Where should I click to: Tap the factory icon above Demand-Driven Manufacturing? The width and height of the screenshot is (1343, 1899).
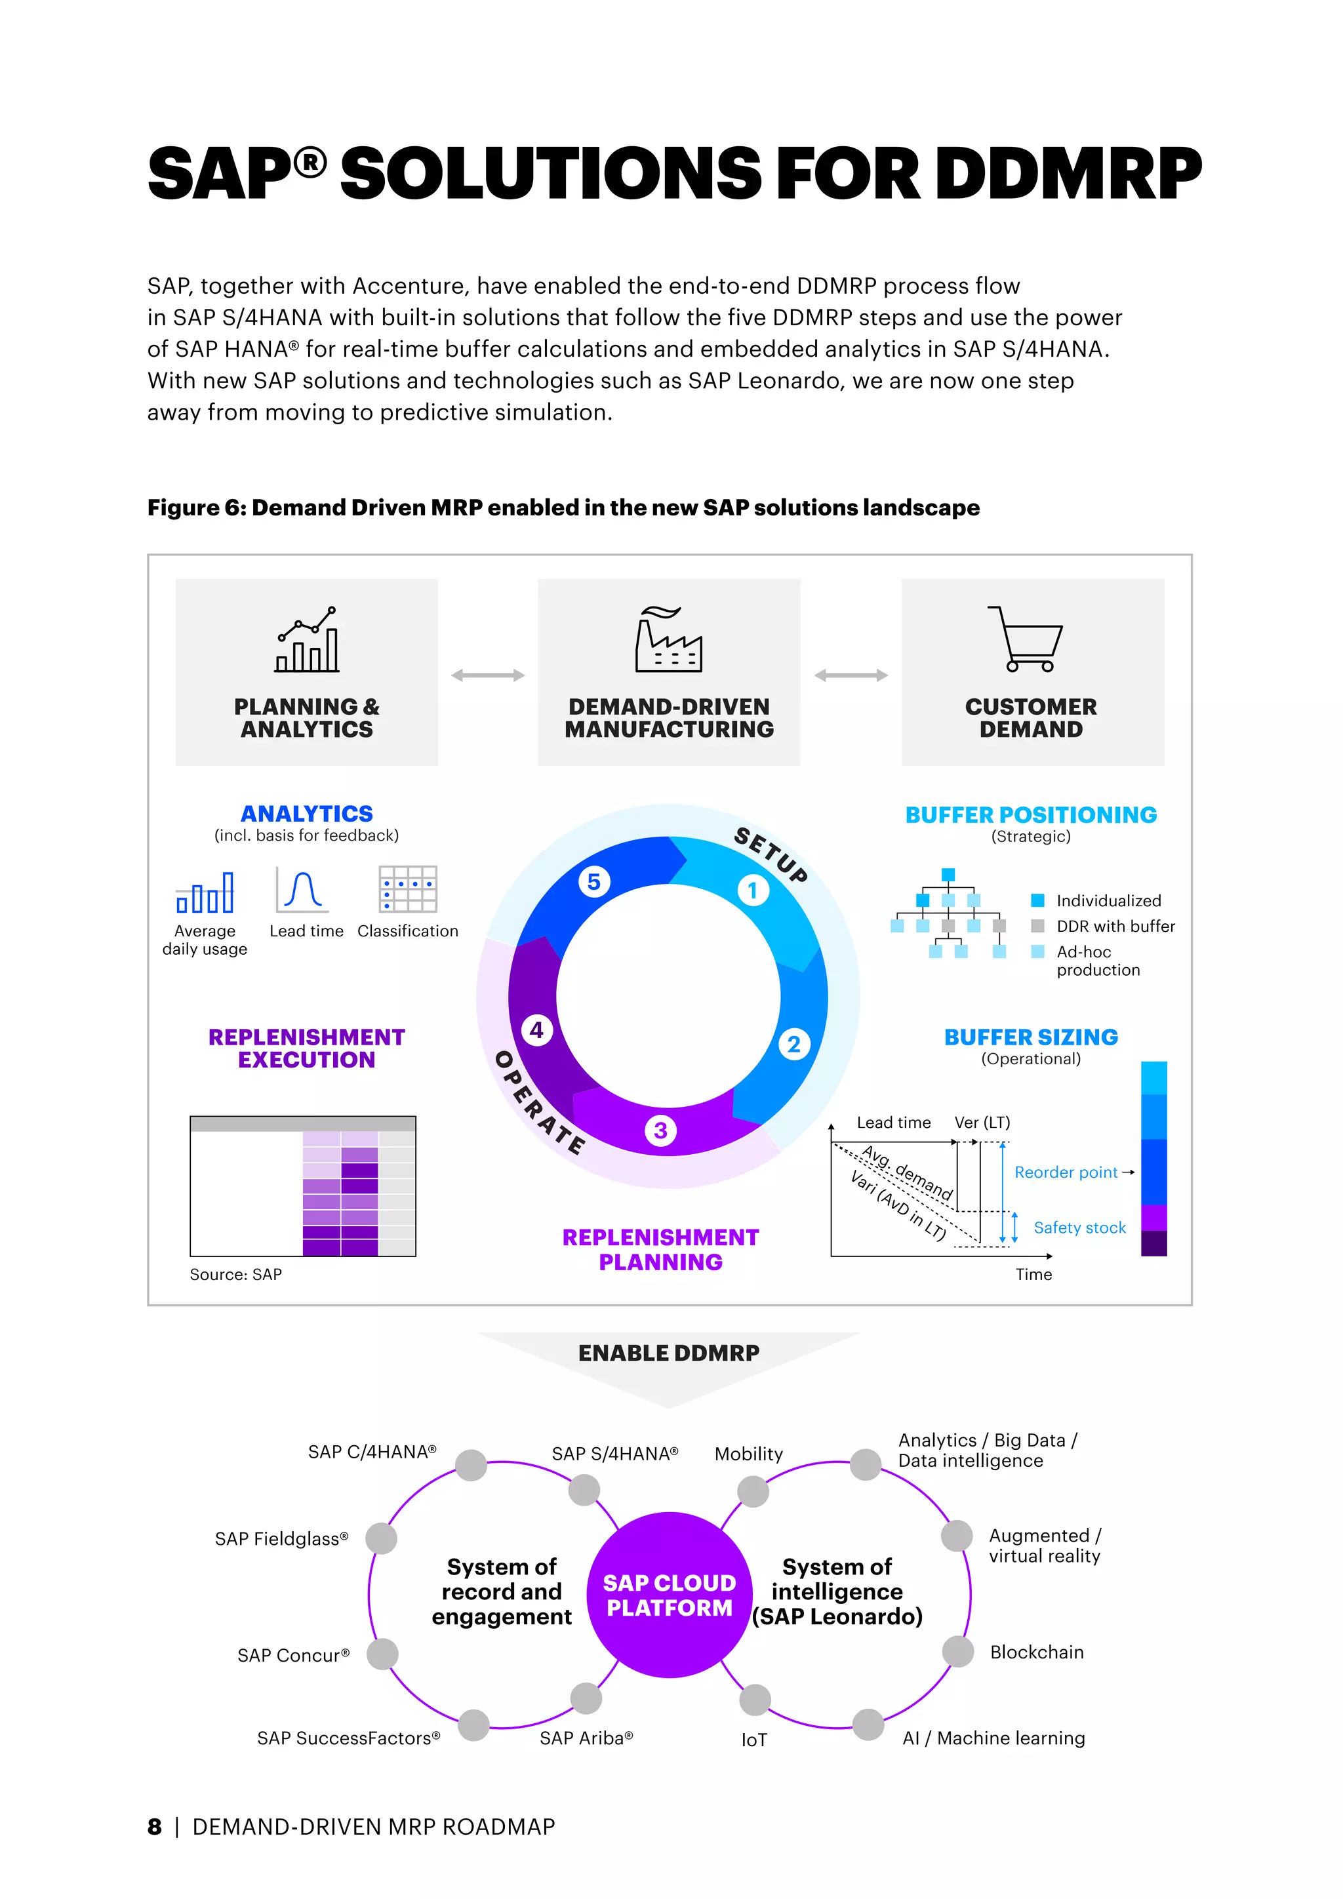(x=668, y=639)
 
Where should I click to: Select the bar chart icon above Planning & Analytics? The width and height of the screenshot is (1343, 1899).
(x=307, y=639)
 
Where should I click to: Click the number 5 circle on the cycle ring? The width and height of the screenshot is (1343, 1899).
(x=593, y=882)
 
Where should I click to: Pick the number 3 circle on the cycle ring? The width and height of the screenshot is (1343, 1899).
(x=660, y=1130)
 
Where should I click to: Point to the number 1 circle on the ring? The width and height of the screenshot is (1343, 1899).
(x=753, y=890)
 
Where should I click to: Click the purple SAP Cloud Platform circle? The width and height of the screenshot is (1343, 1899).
(x=669, y=1595)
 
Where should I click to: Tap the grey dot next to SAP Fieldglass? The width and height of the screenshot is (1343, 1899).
(x=381, y=1538)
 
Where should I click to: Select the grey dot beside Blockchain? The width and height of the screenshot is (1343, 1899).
(x=957, y=1652)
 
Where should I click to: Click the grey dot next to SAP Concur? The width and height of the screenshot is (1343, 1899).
(x=382, y=1654)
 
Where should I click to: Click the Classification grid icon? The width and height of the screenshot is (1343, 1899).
(x=408, y=889)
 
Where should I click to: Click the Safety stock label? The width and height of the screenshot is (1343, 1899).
(x=1079, y=1228)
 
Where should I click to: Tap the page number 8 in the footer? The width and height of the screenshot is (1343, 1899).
(x=155, y=1826)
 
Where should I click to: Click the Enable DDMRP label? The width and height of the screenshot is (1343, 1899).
(x=668, y=1353)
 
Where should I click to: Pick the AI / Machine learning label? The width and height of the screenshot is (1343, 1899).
(x=993, y=1738)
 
